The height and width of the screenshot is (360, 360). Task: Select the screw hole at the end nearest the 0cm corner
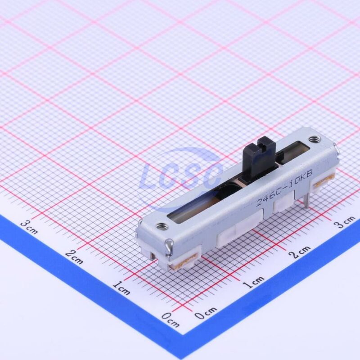pyautogui.click(x=162, y=226)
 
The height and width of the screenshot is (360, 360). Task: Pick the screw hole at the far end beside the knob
pyautogui.click(x=313, y=139)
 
